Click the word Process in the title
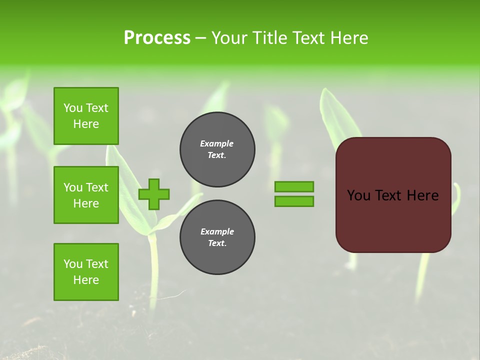coord(157,38)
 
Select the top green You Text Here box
coord(86,116)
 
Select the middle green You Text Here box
coord(86,195)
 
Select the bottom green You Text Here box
coord(86,272)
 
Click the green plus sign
coord(154,194)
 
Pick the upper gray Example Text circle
coord(217,149)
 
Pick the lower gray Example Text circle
coord(217,237)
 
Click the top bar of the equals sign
coord(294,186)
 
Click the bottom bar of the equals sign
coord(294,201)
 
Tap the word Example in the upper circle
coord(216,143)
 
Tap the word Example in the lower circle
coord(217,231)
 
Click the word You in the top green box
coord(73,108)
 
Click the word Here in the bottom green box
coord(86,280)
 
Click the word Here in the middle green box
coord(86,203)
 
